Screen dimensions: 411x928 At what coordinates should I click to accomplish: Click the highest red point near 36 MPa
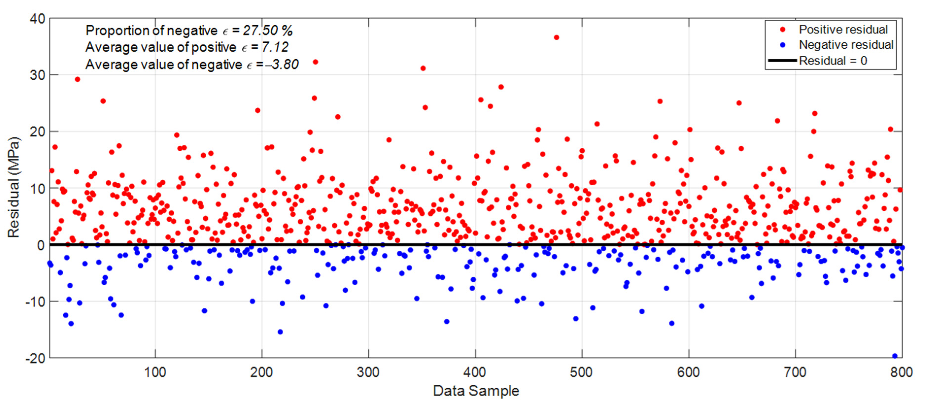click(556, 37)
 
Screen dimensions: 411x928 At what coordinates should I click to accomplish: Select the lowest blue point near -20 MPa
click(894, 356)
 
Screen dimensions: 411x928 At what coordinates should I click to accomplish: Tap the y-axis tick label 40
click(37, 19)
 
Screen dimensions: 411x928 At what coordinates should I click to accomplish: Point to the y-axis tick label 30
click(37, 75)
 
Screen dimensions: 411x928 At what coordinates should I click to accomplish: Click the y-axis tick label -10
click(35, 301)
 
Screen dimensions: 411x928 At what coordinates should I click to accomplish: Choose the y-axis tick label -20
click(35, 358)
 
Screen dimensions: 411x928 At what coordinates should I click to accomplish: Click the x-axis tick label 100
click(155, 372)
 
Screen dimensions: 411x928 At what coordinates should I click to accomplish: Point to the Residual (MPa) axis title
click(14, 187)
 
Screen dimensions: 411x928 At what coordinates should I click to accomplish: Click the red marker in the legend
click(782, 30)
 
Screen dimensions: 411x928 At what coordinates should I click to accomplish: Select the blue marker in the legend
click(782, 45)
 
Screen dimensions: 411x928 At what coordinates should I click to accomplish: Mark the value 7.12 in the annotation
click(275, 47)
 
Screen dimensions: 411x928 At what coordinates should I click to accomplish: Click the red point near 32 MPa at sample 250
click(315, 62)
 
